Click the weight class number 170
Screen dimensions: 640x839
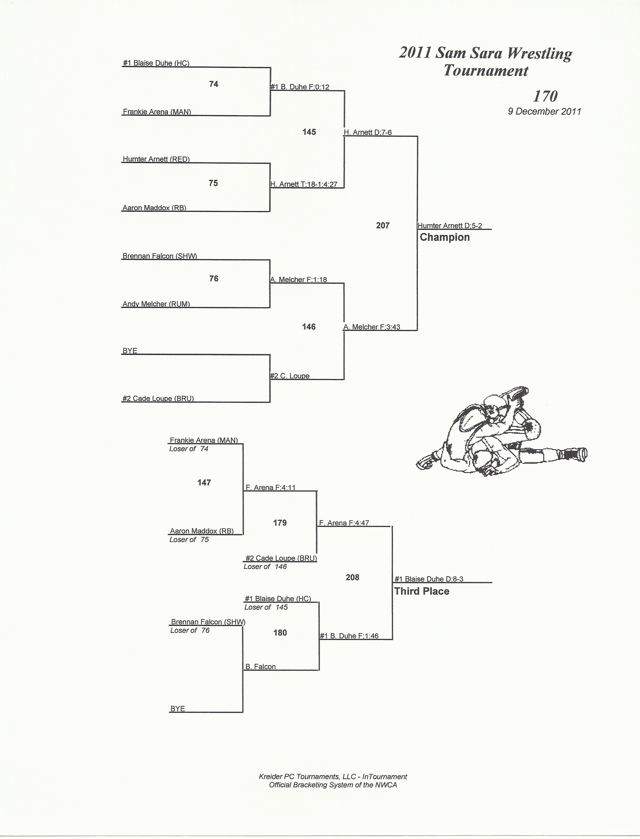(545, 96)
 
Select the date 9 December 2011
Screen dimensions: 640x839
(544, 111)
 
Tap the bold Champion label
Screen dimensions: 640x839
(445, 237)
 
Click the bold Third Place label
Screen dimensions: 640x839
(422, 591)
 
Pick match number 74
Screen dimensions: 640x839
(214, 84)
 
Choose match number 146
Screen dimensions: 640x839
(309, 327)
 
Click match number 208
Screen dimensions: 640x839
(352, 578)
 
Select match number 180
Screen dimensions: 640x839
(280, 633)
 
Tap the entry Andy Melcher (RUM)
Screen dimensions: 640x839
(156, 304)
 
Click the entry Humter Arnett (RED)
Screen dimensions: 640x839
(156, 159)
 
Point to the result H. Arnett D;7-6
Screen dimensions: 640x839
(368, 132)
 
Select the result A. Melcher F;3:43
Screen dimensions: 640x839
(372, 327)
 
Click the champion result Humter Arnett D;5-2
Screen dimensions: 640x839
(450, 226)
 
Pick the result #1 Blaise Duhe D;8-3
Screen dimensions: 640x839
(429, 579)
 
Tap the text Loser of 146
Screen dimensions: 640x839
(265, 566)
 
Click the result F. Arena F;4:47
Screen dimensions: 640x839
(344, 523)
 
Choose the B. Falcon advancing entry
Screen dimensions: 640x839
(261, 667)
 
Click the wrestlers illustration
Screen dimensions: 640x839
(501, 432)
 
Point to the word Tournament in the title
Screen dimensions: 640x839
(486, 71)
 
